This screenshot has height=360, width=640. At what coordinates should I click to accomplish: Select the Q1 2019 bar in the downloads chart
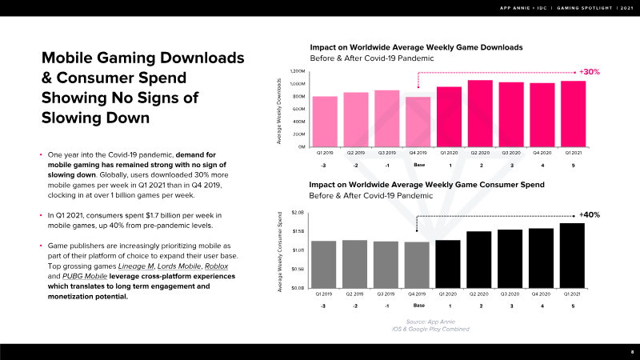(325, 122)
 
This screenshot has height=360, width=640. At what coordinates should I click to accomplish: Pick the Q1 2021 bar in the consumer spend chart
(572, 255)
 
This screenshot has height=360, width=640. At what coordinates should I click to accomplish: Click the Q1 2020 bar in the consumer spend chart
(448, 263)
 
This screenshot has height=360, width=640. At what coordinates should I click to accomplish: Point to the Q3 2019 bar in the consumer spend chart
(386, 264)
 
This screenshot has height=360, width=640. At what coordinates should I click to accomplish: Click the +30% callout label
(590, 72)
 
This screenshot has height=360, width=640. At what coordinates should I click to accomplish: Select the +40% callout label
(590, 214)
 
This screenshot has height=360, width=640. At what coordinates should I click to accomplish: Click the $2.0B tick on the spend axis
(298, 213)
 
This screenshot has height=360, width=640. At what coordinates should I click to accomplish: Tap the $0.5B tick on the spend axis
(298, 269)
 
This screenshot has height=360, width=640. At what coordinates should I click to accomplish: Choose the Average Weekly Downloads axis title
(279, 111)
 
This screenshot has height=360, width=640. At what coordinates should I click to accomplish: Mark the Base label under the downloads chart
(418, 166)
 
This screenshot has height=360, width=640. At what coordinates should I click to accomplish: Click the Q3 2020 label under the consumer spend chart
(510, 293)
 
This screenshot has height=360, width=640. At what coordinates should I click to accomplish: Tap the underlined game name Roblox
(216, 266)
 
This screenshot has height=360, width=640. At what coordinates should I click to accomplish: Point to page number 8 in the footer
(631, 352)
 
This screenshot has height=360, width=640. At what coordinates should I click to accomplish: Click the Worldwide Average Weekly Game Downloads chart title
(416, 47)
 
